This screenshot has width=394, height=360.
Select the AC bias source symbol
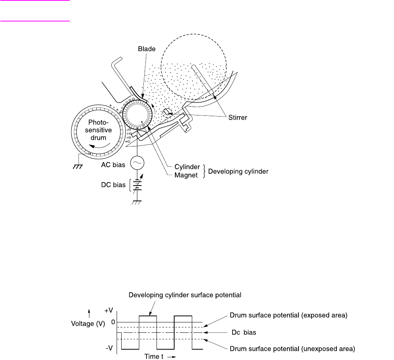point(137,164)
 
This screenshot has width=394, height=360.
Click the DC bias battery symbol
point(137,186)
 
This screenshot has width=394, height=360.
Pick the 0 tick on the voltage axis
point(113,322)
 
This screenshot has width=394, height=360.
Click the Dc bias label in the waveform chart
point(243,333)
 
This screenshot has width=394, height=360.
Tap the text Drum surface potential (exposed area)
point(288,316)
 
